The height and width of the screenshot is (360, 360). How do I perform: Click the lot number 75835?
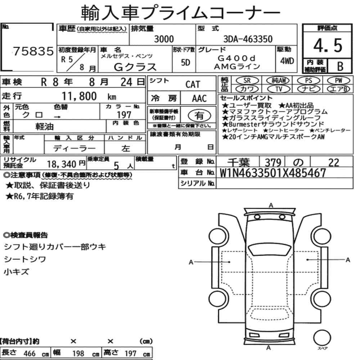33,51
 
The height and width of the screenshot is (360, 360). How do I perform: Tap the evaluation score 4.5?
328,45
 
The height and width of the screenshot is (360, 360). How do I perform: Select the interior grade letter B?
340,66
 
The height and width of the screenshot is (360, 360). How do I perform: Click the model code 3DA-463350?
248,39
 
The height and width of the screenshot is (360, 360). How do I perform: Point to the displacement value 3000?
164,39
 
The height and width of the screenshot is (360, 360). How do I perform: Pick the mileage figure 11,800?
79,96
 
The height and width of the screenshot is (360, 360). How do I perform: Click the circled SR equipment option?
247,80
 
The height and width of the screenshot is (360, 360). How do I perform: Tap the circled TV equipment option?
279,89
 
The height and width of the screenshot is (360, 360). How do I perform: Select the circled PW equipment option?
339,80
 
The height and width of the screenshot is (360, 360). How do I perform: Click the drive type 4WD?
287,61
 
